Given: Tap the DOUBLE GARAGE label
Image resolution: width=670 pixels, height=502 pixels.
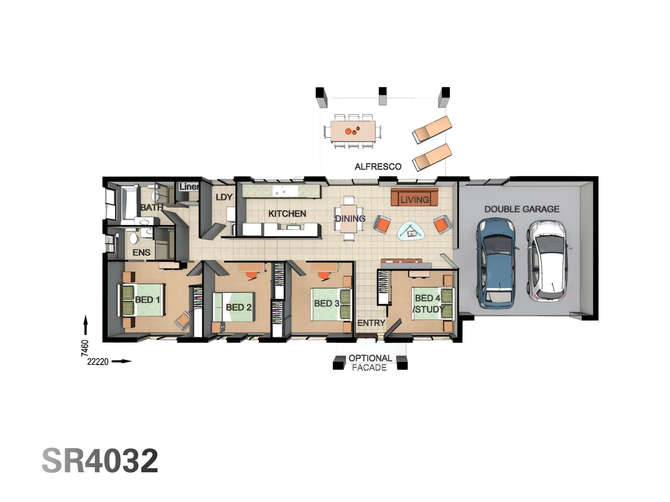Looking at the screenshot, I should pyautogui.click(x=522, y=209).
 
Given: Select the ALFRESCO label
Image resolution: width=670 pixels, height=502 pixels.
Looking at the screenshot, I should pyautogui.click(x=378, y=166).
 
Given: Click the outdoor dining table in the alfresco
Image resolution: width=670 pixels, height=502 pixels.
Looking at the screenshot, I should pyautogui.click(x=353, y=131).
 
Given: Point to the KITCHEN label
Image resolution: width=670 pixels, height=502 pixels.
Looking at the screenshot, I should pyautogui.click(x=287, y=214).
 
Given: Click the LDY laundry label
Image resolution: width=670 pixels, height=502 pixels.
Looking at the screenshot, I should pyautogui.click(x=224, y=197).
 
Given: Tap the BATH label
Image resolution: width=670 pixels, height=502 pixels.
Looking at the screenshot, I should pyautogui.click(x=152, y=207).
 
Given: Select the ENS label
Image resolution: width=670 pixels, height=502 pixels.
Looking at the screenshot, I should pyautogui.click(x=141, y=252).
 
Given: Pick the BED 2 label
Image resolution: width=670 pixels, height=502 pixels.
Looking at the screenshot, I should pyautogui.click(x=238, y=307).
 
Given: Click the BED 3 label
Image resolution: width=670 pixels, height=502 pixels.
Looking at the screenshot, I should pyautogui.click(x=327, y=304).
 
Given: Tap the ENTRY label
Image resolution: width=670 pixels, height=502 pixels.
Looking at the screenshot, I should pyautogui.click(x=371, y=323).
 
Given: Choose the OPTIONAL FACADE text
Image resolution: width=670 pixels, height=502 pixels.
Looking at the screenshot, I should pyautogui.click(x=370, y=363).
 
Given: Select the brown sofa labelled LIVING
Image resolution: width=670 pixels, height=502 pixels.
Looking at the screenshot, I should pyautogui.click(x=414, y=198).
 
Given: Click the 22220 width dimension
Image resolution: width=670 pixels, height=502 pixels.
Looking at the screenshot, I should pyautogui.click(x=98, y=362).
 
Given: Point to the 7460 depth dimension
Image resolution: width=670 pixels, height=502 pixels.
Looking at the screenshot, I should pyautogui.click(x=85, y=348).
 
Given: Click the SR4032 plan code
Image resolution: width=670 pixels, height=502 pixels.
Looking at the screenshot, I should pyautogui.click(x=100, y=461).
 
